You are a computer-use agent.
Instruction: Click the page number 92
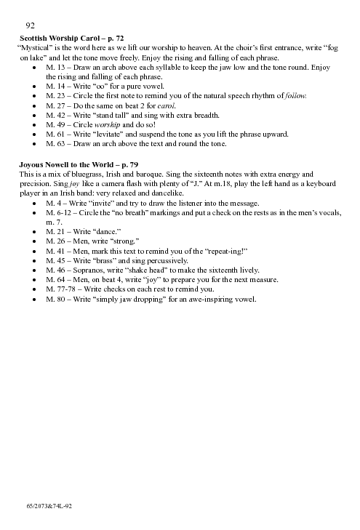point(31,25)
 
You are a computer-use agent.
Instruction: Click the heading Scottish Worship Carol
point(59,36)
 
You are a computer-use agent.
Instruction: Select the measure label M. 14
point(55,87)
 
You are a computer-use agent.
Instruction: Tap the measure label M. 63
point(55,143)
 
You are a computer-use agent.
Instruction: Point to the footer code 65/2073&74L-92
point(47,503)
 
